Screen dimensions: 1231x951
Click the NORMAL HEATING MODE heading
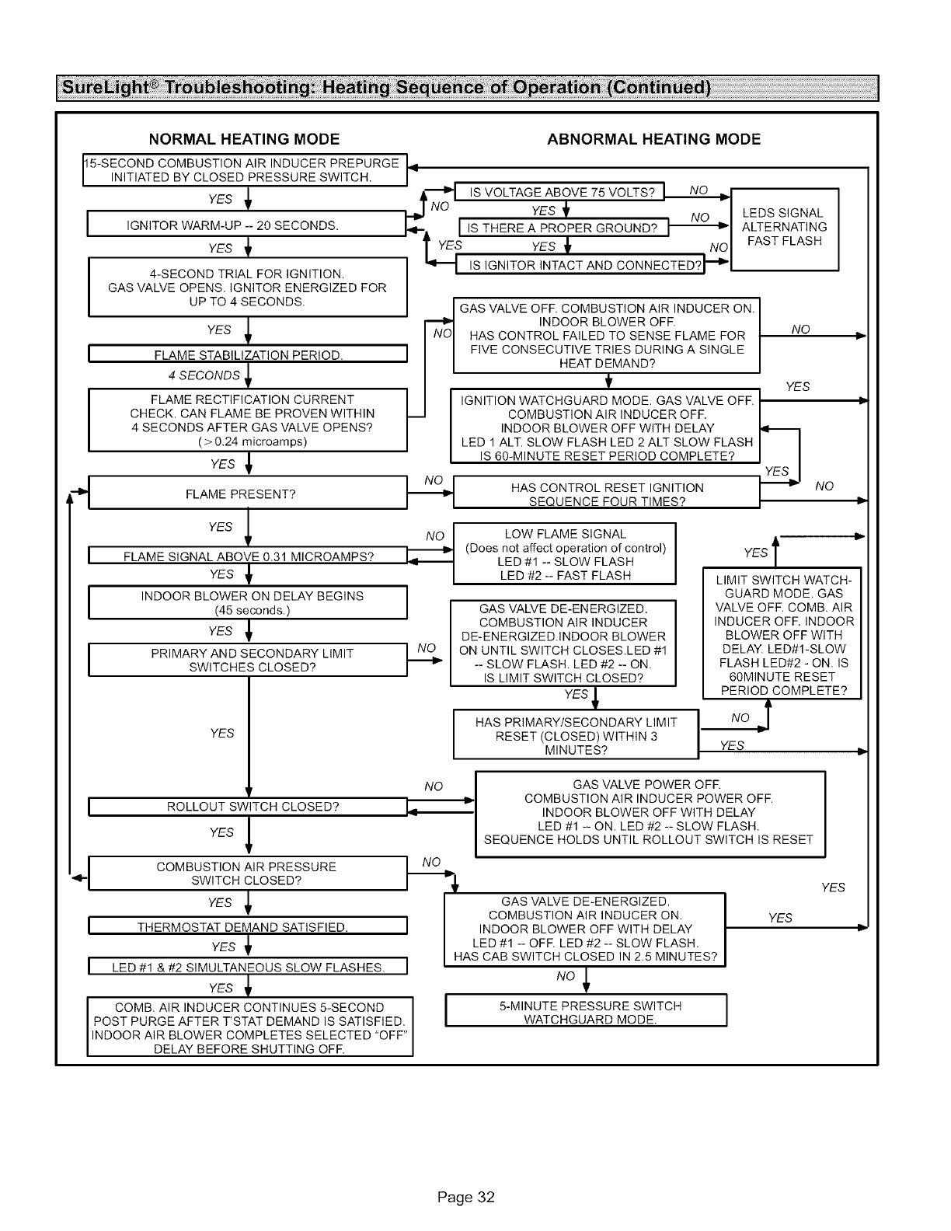[245, 140]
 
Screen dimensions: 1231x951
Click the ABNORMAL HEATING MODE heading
[653, 140]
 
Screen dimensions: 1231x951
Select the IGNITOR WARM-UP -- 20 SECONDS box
[246, 226]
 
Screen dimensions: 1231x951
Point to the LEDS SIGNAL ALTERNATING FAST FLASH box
[785, 228]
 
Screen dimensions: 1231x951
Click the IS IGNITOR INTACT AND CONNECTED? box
[579, 266]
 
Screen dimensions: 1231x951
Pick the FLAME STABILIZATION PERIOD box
[248, 356]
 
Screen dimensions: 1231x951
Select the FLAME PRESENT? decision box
[248, 494]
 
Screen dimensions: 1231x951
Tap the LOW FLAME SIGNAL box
[564, 554]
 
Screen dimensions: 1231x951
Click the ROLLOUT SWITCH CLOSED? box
[248, 807]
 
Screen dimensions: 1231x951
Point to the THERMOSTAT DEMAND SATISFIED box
[248, 927]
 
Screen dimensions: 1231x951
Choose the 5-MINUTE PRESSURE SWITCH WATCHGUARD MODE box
[586, 1012]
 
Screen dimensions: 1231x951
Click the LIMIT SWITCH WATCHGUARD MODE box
[782, 634]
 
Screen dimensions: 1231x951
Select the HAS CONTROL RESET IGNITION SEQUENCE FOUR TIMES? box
[606, 494]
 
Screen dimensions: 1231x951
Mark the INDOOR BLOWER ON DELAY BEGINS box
[248, 602]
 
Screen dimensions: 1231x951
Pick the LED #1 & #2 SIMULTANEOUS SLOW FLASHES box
[248, 968]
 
